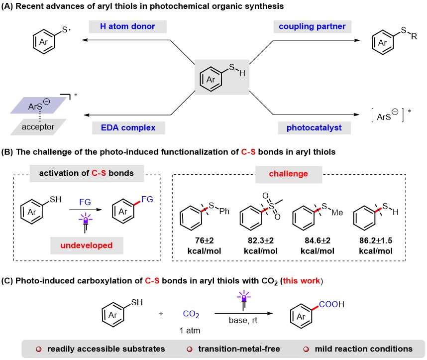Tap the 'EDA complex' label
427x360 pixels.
click(125, 127)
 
